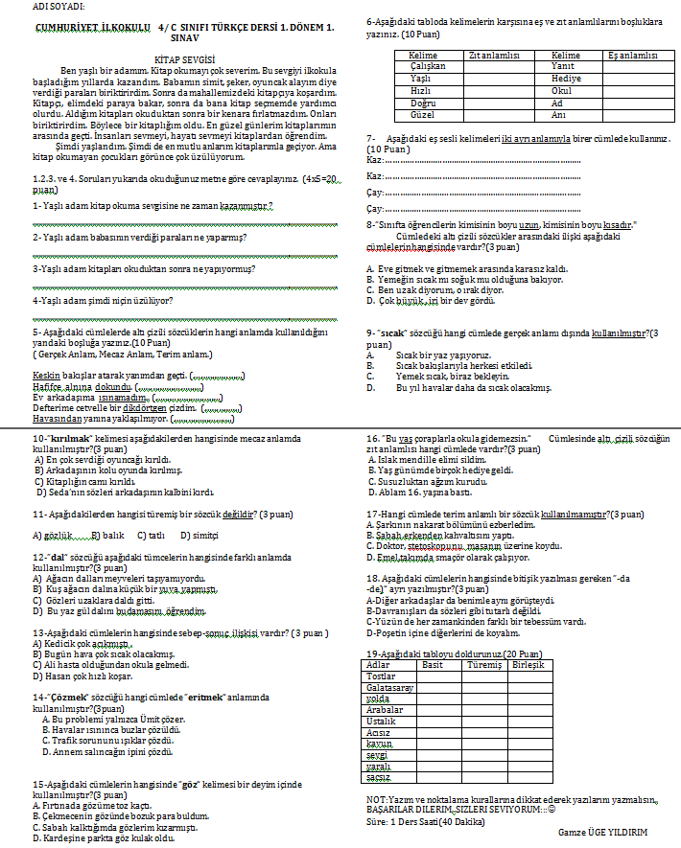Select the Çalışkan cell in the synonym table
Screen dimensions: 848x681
click(x=427, y=66)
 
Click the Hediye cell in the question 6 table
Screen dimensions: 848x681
click(x=567, y=78)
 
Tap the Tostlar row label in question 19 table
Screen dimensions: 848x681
click(x=382, y=676)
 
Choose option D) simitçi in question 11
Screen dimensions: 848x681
click(x=199, y=535)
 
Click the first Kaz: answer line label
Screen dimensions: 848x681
click(x=375, y=160)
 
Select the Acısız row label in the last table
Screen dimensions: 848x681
click(x=381, y=732)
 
